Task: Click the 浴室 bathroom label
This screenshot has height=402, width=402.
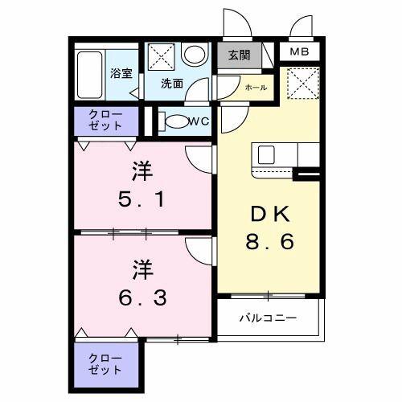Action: click(121, 72)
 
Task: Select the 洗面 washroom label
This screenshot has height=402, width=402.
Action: click(170, 83)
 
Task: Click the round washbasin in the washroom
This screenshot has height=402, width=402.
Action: click(194, 55)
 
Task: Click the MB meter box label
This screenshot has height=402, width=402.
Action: click(299, 53)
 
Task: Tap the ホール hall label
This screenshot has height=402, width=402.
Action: click(256, 87)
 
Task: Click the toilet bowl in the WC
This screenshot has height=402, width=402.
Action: click(172, 122)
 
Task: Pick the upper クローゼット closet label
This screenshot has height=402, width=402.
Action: click(107, 121)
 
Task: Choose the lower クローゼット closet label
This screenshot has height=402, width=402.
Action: click(107, 364)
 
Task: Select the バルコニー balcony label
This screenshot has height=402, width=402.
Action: click(268, 318)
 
